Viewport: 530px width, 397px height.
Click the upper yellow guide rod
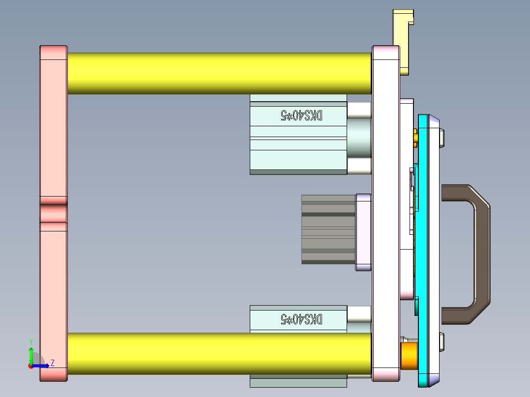[219, 73]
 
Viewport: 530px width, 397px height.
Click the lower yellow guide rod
[219, 353]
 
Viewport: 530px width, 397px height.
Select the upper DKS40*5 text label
[301, 115]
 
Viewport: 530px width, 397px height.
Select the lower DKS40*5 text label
[301, 319]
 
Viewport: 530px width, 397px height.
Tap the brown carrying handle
[481, 253]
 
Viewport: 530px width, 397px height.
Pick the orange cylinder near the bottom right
[409, 356]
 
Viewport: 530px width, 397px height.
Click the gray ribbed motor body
[327, 229]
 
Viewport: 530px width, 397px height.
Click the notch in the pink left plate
[53, 213]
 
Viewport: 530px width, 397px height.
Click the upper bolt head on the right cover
[442, 137]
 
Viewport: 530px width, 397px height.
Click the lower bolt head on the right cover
[442, 342]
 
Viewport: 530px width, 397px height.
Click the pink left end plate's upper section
[53, 123]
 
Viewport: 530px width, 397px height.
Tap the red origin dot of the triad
[31, 366]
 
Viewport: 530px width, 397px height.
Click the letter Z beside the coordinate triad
[52, 363]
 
